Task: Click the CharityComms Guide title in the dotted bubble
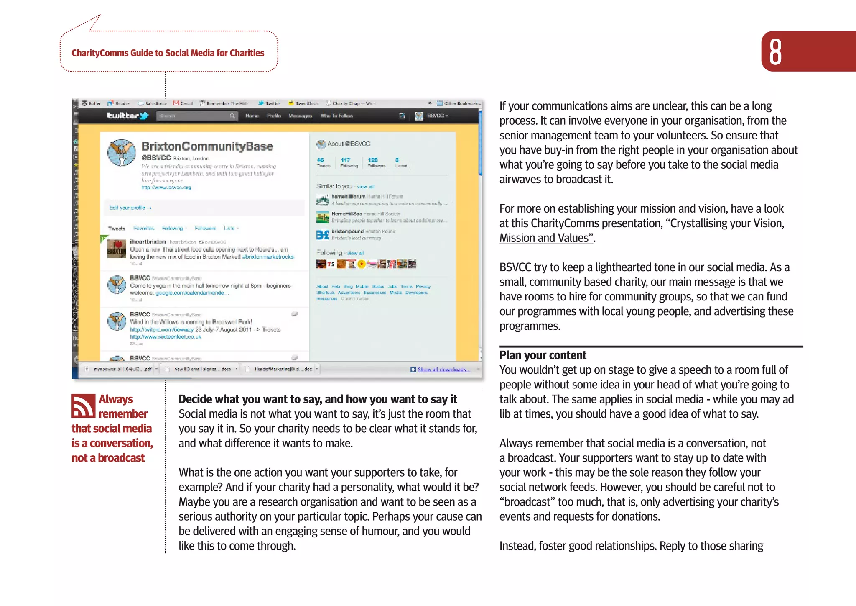[x=168, y=53]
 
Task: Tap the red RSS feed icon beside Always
[x=83, y=406]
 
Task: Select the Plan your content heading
[x=543, y=355]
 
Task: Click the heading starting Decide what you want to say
[x=318, y=399]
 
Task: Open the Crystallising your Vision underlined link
[x=726, y=223]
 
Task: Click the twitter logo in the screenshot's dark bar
[x=127, y=116]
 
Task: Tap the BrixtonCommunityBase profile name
[x=207, y=146]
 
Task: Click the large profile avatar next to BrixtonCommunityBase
[x=122, y=153]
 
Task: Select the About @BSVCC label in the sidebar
[x=348, y=144]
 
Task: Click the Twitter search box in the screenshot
[x=196, y=116]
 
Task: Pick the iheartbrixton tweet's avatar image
[x=117, y=249]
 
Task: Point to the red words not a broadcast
[x=108, y=458]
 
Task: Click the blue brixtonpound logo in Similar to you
[x=322, y=235]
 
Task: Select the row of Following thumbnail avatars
[x=366, y=264]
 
